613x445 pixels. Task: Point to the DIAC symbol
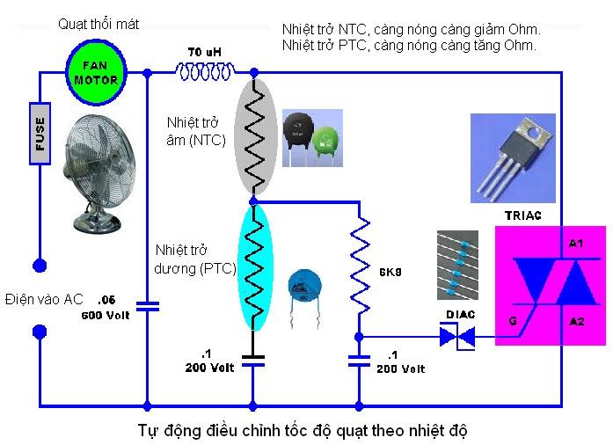pyautogui.click(x=456, y=336)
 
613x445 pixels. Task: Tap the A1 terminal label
pyautogui.click(x=576, y=243)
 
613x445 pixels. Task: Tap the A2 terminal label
pyautogui.click(x=576, y=322)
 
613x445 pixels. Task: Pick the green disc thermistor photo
pyautogui.click(x=326, y=137)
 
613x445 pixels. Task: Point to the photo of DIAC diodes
pyautogui.click(x=457, y=264)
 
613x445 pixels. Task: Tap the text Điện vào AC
pyautogui.click(x=43, y=299)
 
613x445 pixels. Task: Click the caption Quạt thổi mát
pyautogui.click(x=99, y=24)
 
